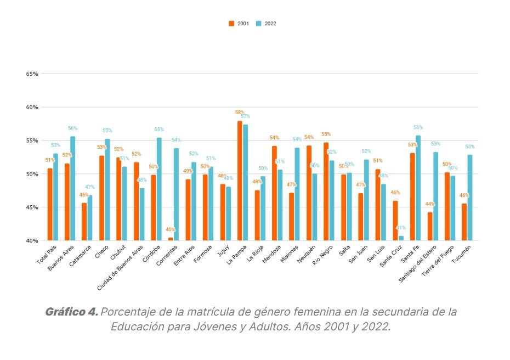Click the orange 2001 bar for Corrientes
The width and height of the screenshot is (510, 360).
(x=171, y=239)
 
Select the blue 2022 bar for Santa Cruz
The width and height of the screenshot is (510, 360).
(x=401, y=238)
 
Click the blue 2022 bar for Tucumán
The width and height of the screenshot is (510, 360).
(x=470, y=198)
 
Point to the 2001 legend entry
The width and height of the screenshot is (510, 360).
(x=240, y=24)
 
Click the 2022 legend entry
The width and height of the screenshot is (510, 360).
(x=267, y=24)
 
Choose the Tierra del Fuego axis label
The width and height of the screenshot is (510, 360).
(x=441, y=261)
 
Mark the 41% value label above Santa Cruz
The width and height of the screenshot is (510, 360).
(x=401, y=228)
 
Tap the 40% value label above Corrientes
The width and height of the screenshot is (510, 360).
(x=171, y=230)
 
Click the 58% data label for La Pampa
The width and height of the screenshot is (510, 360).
(x=240, y=112)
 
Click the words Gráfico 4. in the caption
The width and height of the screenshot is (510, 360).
(x=72, y=312)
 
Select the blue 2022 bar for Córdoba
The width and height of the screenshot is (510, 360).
(x=159, y=189)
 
